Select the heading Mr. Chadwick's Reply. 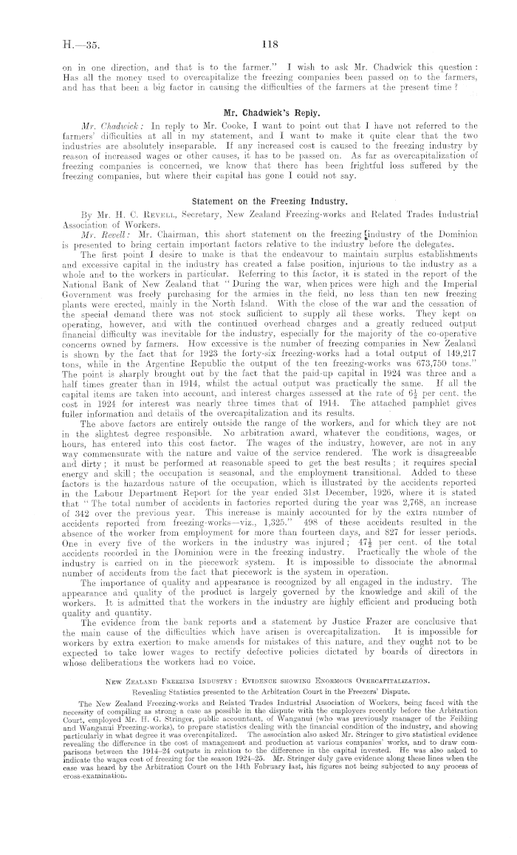[258, 112]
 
